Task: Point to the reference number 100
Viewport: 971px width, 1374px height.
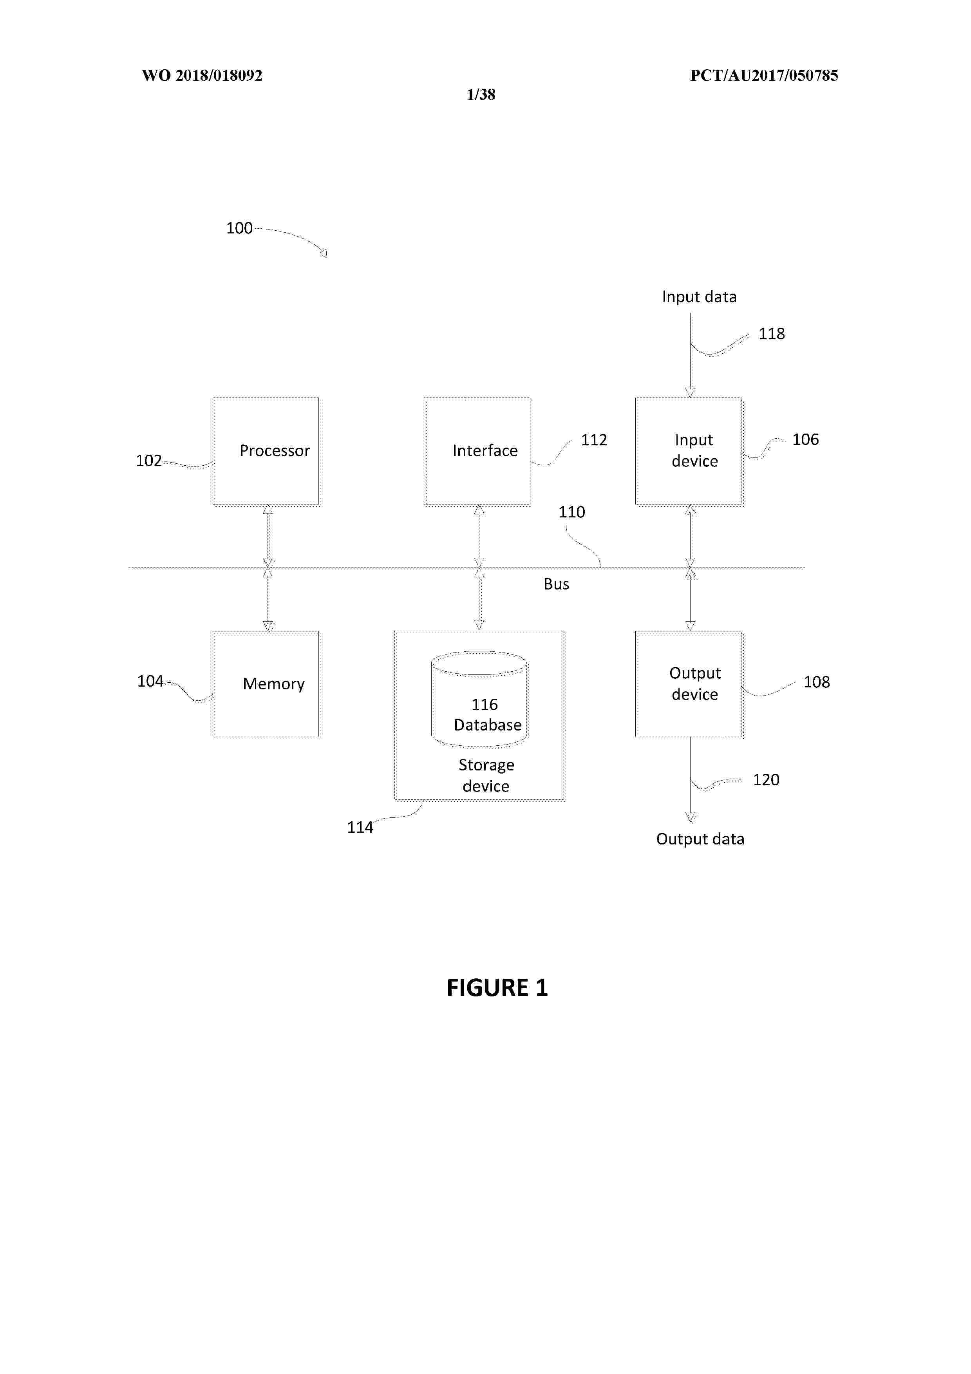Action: tap(239, 228)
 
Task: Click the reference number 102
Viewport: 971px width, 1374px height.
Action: tap(149, 460)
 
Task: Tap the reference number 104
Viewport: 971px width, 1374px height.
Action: tap(150, 681)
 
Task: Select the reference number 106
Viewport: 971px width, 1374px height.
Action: tap(805, 439)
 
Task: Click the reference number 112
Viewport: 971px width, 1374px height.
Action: tap(594, 440)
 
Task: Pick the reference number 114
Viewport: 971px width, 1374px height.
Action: tap(360, 827)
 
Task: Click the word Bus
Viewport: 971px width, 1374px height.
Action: tap(556, 584)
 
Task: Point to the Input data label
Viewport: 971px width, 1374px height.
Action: tap(700, 297)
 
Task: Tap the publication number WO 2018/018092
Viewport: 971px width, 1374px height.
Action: tap(202, 76)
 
